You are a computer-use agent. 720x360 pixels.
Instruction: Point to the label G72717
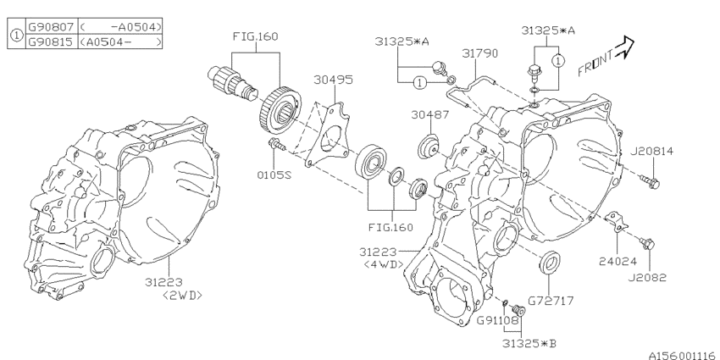click(549, 299)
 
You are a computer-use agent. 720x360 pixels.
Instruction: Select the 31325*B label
click(527, 341)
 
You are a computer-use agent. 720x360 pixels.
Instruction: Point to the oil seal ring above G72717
click(549, 263)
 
